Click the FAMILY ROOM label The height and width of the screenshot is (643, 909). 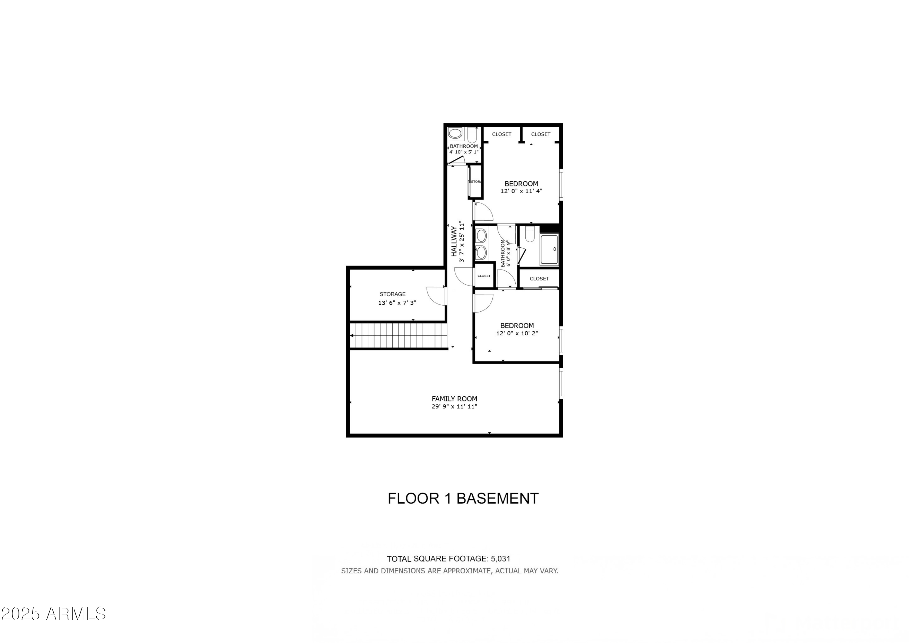click(454, 399)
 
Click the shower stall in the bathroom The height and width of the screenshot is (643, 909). click(549, 249)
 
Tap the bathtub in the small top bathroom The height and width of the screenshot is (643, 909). click(455, 133)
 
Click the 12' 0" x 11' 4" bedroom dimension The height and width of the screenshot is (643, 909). click(521, 191)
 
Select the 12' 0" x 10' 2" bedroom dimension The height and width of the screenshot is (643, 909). click(517, 333)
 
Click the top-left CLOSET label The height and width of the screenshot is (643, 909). click(501, 134)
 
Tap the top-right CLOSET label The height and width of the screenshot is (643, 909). click(541, 134)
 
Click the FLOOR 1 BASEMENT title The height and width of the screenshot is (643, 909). click(463, 498)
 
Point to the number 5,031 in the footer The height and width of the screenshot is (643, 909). click(501, 559)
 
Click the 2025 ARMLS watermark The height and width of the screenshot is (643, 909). click(53, 614)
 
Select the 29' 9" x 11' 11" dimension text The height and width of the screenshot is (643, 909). click(454, 407)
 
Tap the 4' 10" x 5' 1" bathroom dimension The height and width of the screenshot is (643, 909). click(464, 152)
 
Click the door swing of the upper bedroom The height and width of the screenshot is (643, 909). click(483, 211)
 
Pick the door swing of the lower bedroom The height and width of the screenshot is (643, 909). click(483, 303)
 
